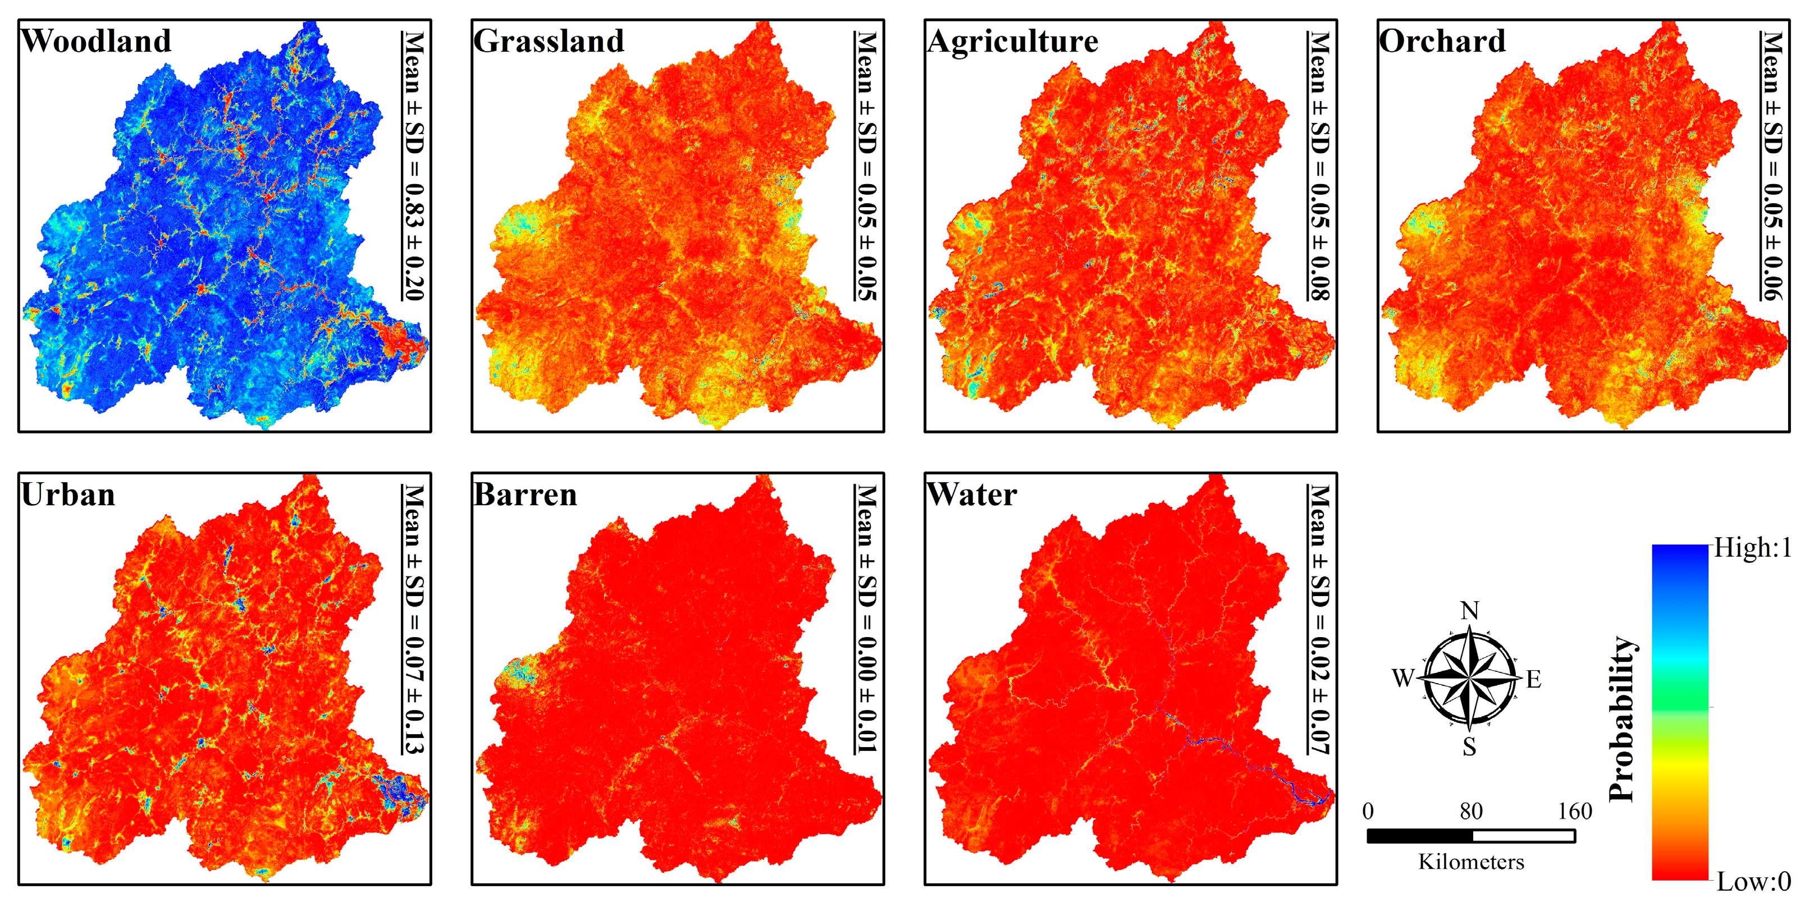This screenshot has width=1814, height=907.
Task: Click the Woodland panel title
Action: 97,41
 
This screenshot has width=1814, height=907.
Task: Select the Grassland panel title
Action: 549,41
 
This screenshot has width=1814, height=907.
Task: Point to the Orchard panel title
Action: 1441,41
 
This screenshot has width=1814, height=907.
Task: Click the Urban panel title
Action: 68,494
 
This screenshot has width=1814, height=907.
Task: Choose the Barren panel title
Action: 526,494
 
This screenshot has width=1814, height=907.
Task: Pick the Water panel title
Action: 972,494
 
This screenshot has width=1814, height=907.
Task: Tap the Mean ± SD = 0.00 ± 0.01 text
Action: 866,619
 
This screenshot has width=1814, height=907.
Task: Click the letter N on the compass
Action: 1470,611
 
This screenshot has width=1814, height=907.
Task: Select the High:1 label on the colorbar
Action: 1752,548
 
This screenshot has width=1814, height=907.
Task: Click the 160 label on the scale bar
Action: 1575,811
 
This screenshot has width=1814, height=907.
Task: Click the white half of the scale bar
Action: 1523,836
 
